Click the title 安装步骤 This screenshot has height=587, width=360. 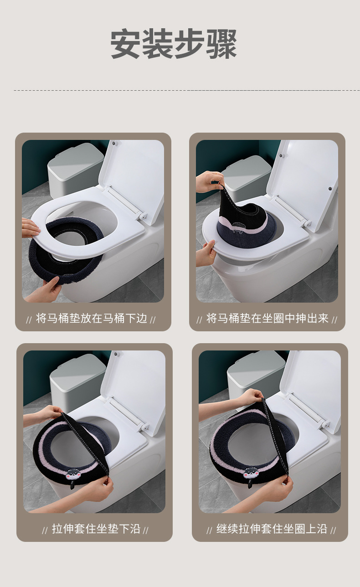pyautogui.click(x=174, y=44)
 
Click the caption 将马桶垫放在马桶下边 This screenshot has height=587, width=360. pyautogui.click(x=92, y=319)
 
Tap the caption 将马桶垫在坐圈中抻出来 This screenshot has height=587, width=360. pyautogui.click(x=267, y=319)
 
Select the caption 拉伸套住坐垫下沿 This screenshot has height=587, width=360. pyautogui.click(x=96, y=529)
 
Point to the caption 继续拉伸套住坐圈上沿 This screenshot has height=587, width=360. pyautogui.click(x=272, y=529)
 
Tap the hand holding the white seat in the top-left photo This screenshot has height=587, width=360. pyautogui.click(x=31, y=227)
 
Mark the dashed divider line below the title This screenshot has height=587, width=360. pyautogui.click(x=187, y=90)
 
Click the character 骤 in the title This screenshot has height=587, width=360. pyautogui.click(x=221, y=44)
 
